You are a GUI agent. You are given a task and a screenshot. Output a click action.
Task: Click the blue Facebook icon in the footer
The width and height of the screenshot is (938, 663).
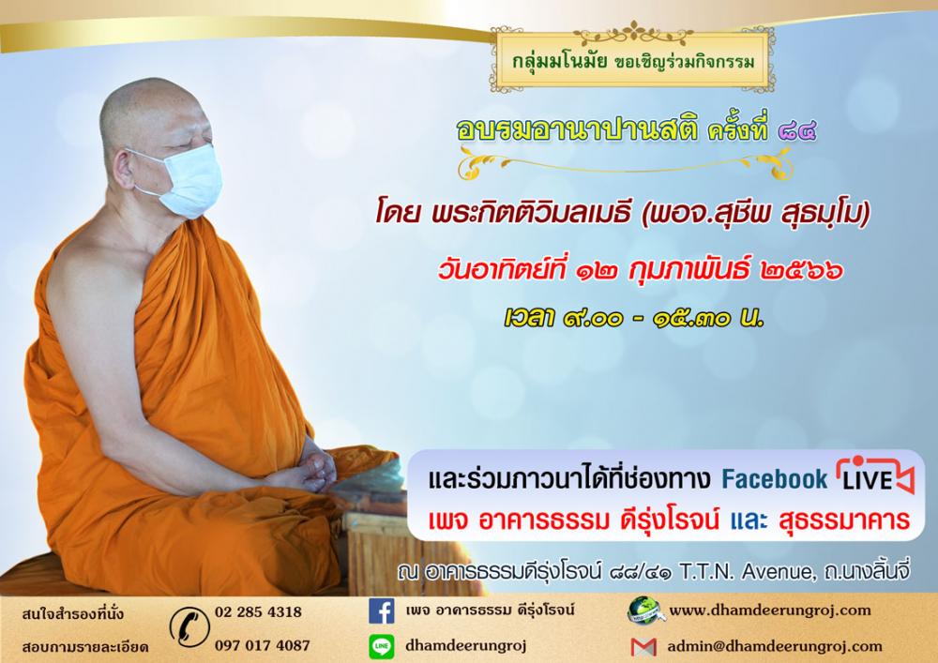(x=381, y=611)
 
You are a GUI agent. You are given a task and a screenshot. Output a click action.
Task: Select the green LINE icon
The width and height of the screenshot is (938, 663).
(x=381, y=646)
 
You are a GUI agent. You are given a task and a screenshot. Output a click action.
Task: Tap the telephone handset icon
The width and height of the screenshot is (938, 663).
(x=189, y=627)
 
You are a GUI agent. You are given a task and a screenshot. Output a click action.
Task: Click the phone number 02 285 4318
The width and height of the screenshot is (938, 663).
(x=258, y=612)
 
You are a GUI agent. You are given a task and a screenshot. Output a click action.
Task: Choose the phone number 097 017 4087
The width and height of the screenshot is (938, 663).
(x=262, y=646)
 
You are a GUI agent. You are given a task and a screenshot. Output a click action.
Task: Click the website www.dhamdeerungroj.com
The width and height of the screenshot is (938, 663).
(x=770, y=610)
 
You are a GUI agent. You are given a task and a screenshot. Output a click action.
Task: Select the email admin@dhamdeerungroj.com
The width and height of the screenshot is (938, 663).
(x=775, y=646)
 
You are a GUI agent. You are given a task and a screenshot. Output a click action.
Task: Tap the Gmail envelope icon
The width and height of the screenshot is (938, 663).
(x=643, y=647)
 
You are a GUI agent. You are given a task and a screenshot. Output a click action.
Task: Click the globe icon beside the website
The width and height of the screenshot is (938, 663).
(x=643, y=611)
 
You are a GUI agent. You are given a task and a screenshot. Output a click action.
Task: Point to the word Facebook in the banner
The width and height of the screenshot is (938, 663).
(x=774, y=479)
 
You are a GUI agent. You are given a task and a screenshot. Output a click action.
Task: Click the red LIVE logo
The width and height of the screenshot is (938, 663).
(x=875, y=476)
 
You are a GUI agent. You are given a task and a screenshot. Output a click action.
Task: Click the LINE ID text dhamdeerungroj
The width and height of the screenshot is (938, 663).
(x=465, y=646)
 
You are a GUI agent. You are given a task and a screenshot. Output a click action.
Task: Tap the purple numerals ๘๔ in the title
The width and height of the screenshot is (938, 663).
(x=796, y=131)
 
